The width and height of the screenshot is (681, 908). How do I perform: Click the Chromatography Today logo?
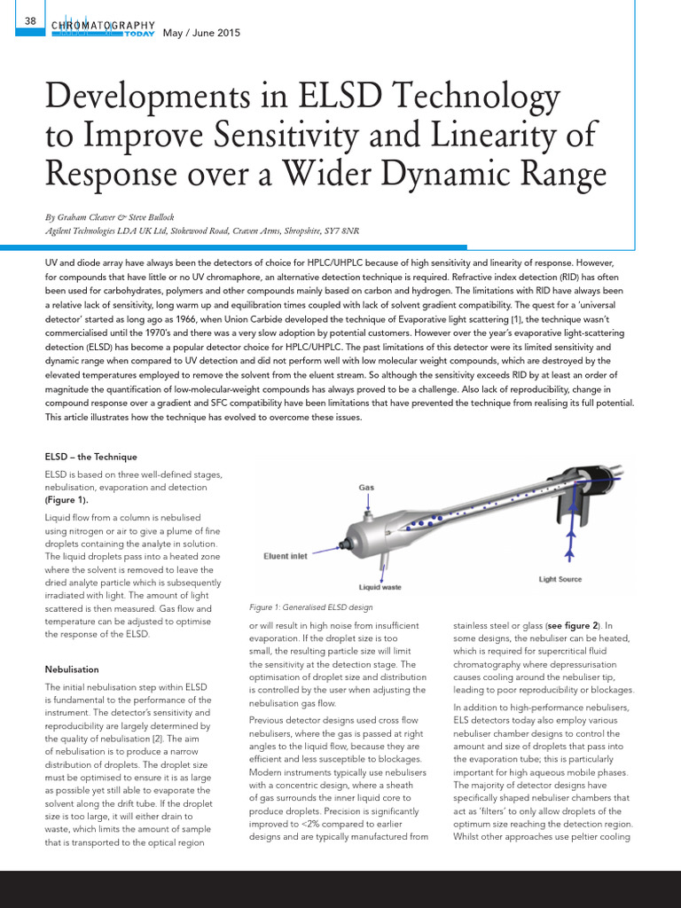pos(104,29)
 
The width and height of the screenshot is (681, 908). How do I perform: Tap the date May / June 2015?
pos(202,34)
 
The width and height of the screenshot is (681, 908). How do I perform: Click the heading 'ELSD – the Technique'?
pos(91,457)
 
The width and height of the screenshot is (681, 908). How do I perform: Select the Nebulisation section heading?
pos(72,669)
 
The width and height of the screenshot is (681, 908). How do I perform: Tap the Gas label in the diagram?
pos(366,488)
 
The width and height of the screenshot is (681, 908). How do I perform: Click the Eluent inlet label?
pos(286,556)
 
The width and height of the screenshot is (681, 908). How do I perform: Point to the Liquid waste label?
pos(380,587)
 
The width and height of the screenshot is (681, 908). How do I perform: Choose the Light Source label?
pos(560,579)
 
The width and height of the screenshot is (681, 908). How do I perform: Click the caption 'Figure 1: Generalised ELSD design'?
pos(311,607)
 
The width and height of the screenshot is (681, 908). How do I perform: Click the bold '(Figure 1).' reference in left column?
pos(67,499)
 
